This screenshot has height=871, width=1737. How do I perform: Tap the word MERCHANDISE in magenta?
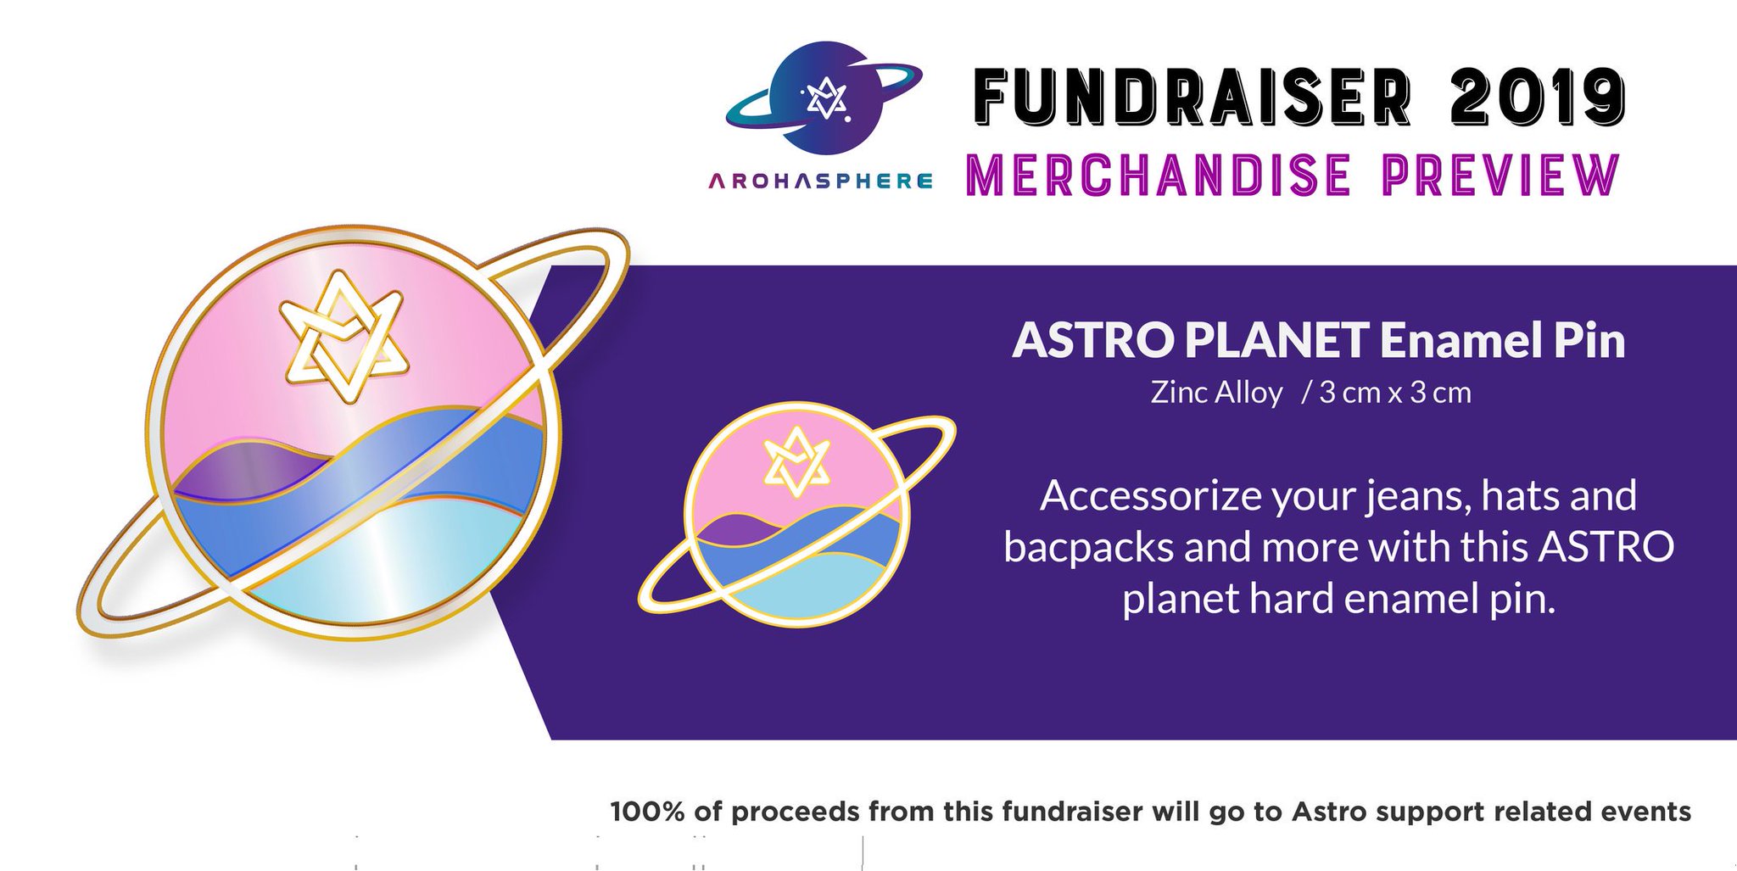coord(1158,174)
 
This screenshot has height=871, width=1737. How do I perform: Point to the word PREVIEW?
coord(1500,174)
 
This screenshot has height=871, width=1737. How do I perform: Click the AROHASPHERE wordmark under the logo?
coord(820,181)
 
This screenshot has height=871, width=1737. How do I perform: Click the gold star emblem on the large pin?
coord(343,337)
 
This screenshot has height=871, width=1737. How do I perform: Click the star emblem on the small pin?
coord(795,462)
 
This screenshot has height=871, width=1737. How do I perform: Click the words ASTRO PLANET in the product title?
coord(1190,340)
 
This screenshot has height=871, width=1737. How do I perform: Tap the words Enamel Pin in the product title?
coord(1502,340)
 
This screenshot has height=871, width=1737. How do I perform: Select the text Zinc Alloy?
coord(1216,393)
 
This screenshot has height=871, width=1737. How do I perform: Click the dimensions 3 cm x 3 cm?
coord(1395,393)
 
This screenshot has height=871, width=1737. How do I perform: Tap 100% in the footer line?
coord(647,812)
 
